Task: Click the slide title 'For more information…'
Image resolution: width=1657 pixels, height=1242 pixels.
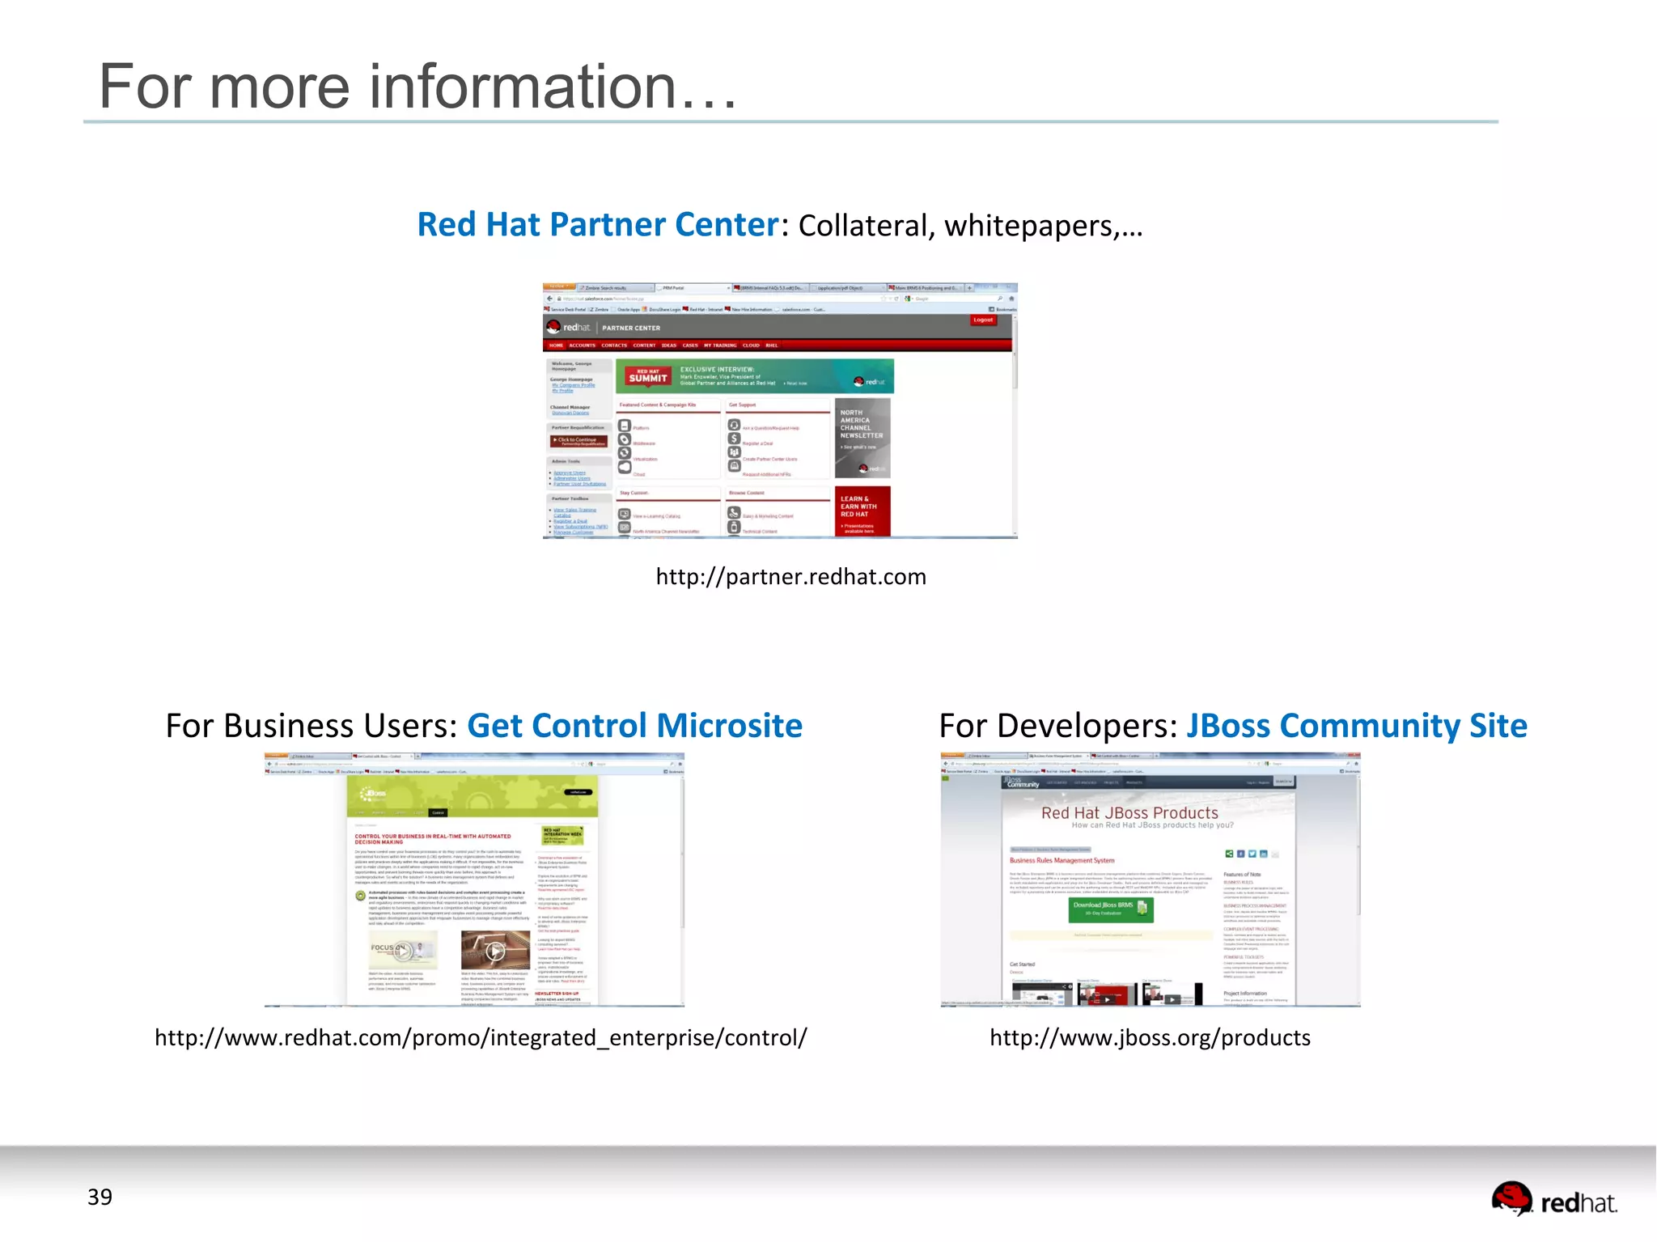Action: (417, 87)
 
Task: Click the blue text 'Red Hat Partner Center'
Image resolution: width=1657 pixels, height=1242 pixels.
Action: (597, 225)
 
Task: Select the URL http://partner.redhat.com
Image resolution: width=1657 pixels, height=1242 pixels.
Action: (790, 577)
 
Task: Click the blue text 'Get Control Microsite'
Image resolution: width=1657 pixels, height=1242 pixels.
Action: (634, 726)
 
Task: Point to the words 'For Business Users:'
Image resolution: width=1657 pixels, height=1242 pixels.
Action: (311, 726)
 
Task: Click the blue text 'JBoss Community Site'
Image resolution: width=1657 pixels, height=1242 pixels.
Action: (1356, 726)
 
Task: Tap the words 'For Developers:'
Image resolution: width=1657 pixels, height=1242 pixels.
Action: (1057, 726)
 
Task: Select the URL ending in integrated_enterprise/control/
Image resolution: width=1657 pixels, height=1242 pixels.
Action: (481, 1038)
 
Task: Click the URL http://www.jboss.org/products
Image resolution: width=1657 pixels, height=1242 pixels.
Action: (1150, 1038)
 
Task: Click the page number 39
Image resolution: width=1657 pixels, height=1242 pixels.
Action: (100, 1197)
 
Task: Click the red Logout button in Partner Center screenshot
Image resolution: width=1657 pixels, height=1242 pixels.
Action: (983, 320)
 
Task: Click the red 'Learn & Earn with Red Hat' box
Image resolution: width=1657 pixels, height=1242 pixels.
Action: (862, 511)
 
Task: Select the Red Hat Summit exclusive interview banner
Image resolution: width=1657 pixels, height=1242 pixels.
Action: (754, 376)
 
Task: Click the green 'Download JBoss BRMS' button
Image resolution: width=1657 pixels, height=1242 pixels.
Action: (1110, 909)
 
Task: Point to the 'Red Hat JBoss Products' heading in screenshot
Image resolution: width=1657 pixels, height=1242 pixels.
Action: (1129, 813)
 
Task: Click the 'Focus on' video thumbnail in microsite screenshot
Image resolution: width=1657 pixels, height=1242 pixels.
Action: (403, 950)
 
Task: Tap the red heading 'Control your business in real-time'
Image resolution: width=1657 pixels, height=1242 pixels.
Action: (433, 839)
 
